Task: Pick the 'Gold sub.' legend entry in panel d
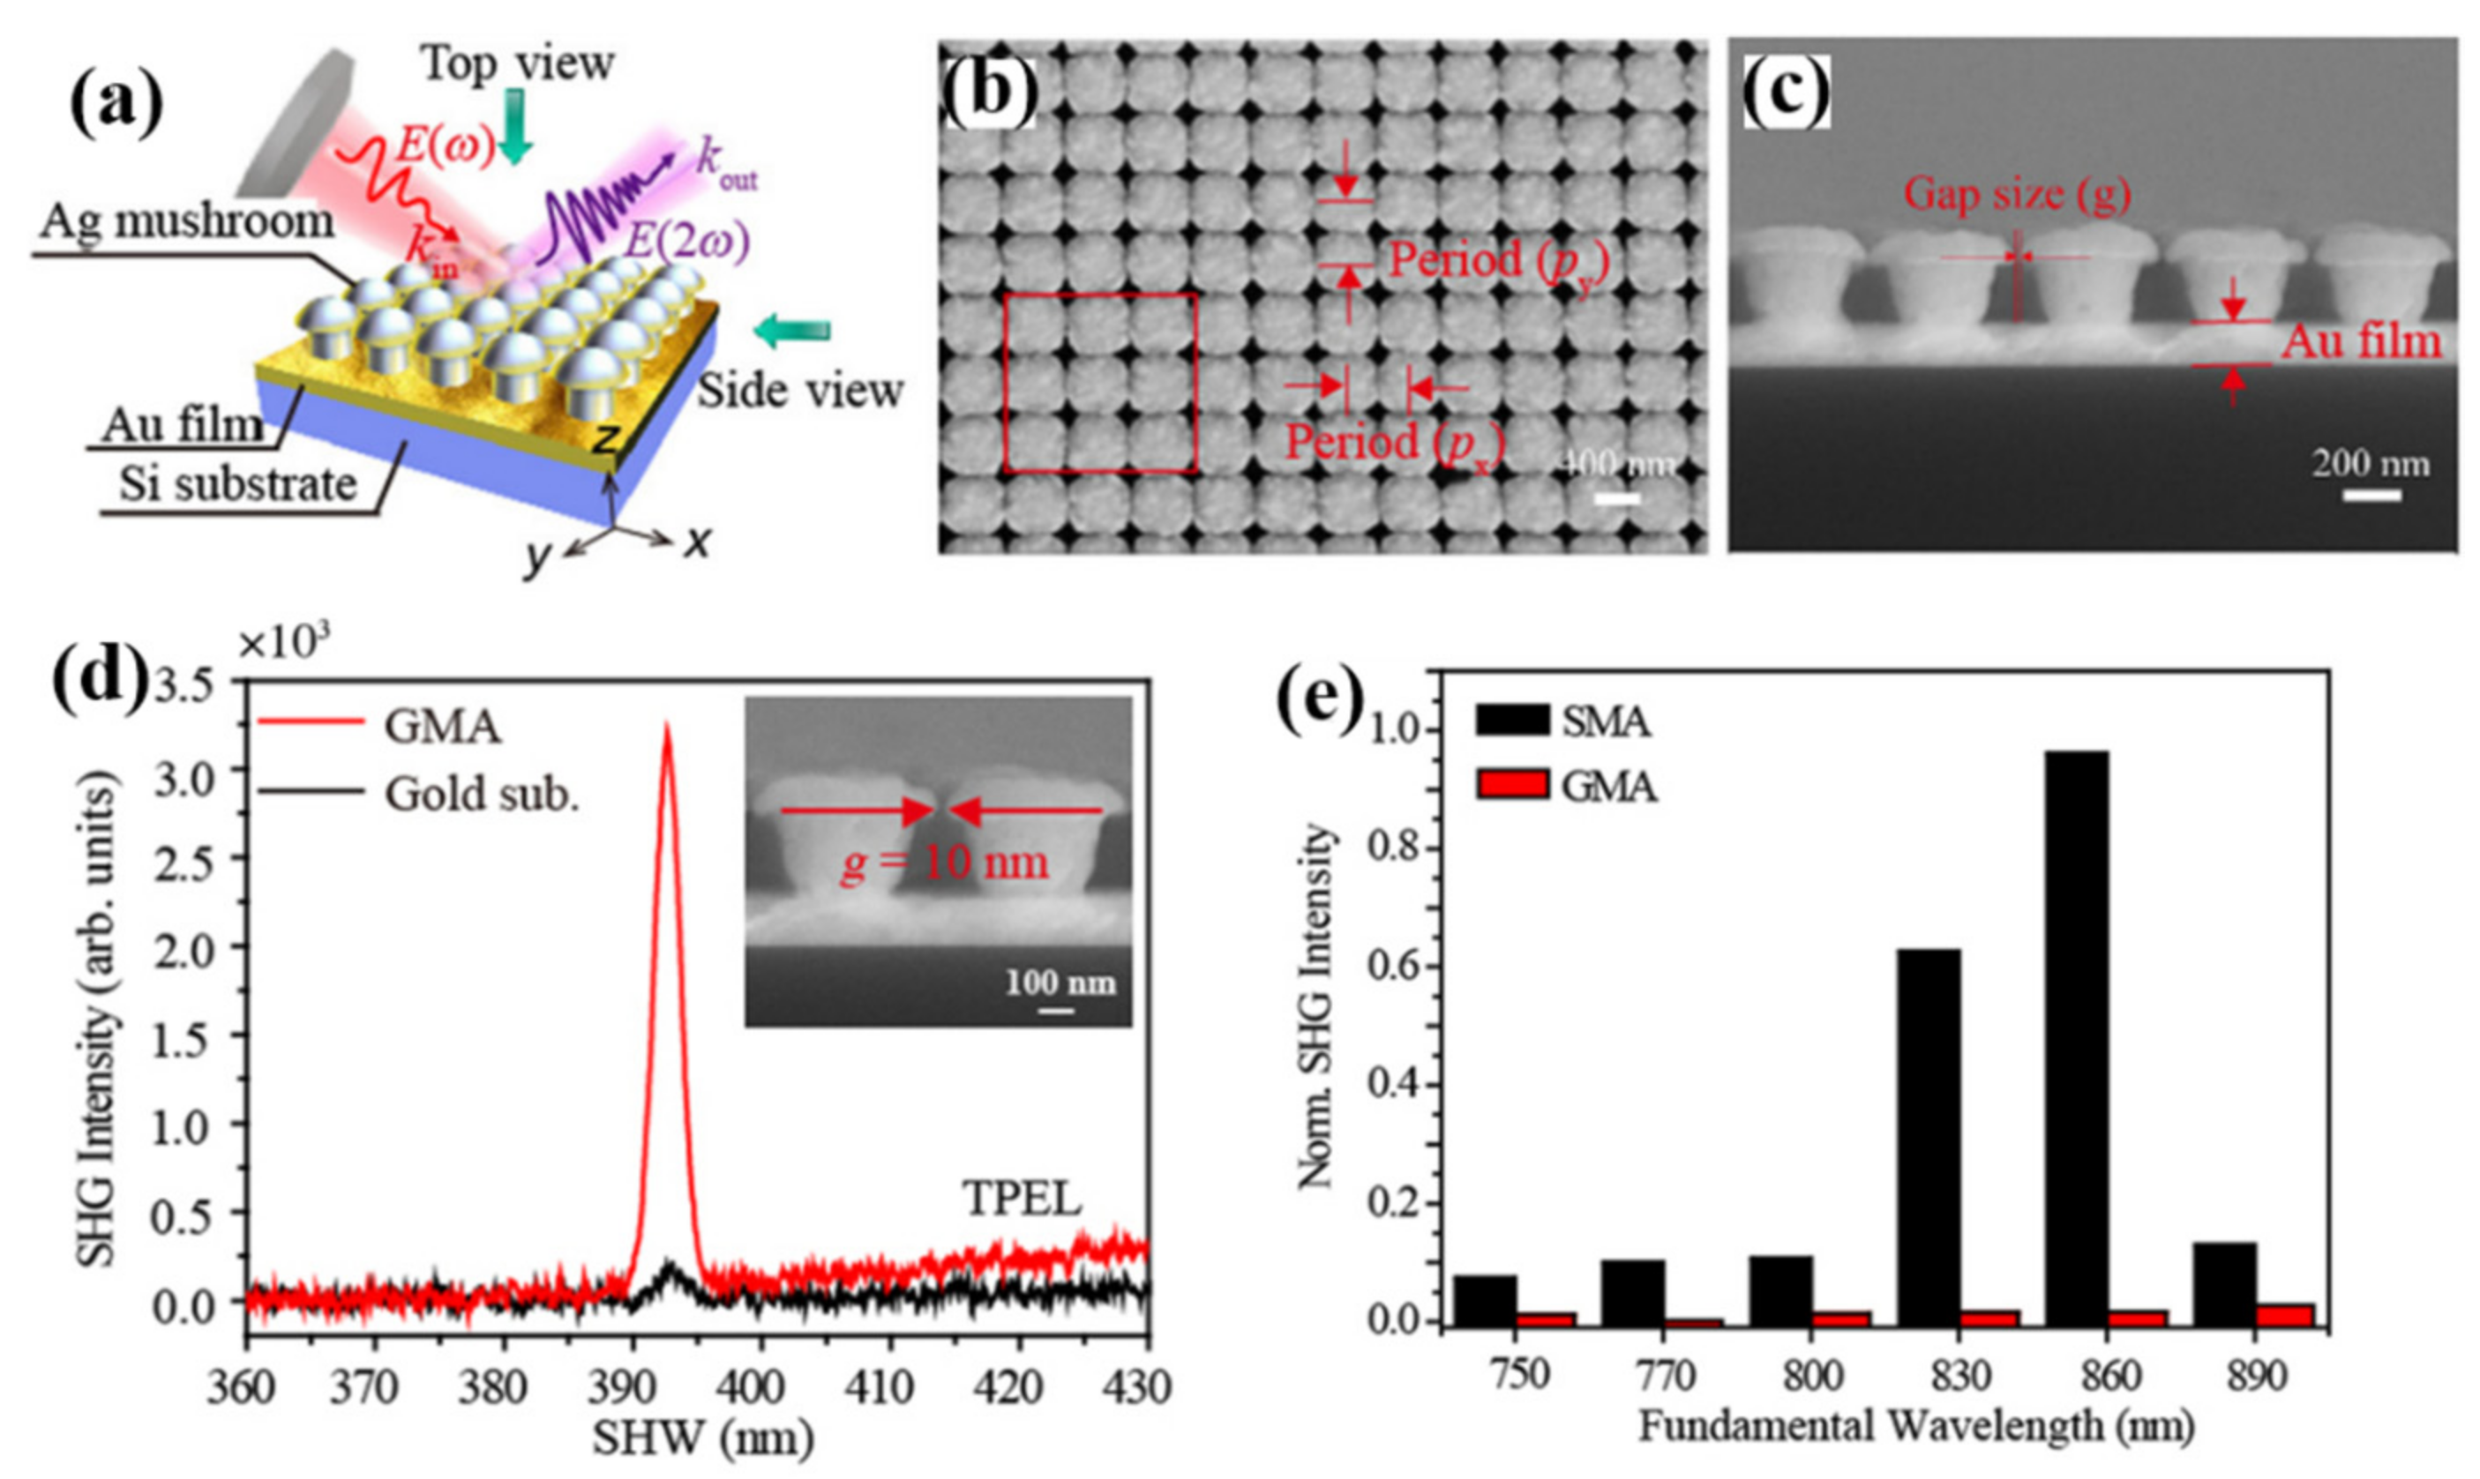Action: coord(482,795)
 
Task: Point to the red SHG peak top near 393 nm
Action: coord(667,728)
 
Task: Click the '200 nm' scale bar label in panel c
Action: coord(2371,463)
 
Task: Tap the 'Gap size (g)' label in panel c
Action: coord(2018,194)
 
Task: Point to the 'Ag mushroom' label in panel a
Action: coord(186,221)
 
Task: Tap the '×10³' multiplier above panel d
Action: coord(284,645)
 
